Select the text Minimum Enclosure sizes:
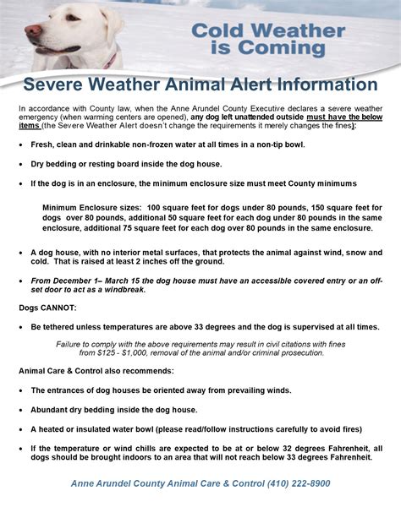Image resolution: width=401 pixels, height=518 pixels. tap(92, 207)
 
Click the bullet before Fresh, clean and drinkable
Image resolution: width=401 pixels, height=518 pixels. tap(20, 144)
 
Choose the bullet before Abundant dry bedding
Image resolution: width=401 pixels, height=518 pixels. tap(20, 409)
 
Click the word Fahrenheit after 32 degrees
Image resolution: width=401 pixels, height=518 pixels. tap(337, 448)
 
